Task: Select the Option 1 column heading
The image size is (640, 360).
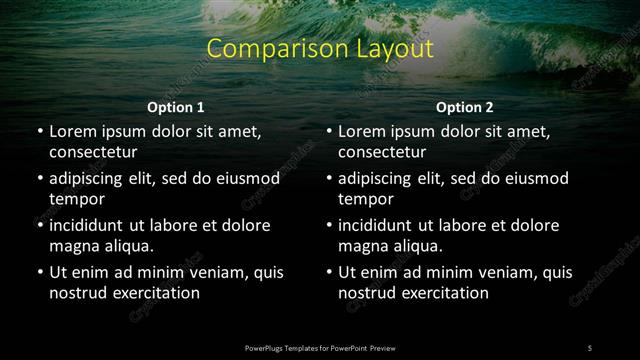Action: tap(176, 107)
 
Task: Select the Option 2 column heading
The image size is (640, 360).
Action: tap(465, 107)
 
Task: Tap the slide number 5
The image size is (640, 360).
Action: tap(590, 347)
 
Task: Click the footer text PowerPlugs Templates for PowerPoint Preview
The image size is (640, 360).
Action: tap(321, 347)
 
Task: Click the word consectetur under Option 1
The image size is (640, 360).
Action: tap(93, 153)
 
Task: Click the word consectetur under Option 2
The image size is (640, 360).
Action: tap(382, 153)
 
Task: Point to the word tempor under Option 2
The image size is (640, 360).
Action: tap(363, 199)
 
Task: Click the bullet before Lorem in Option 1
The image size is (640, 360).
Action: tap(39, 131)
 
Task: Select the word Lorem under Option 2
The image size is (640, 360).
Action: tap(361, 131)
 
